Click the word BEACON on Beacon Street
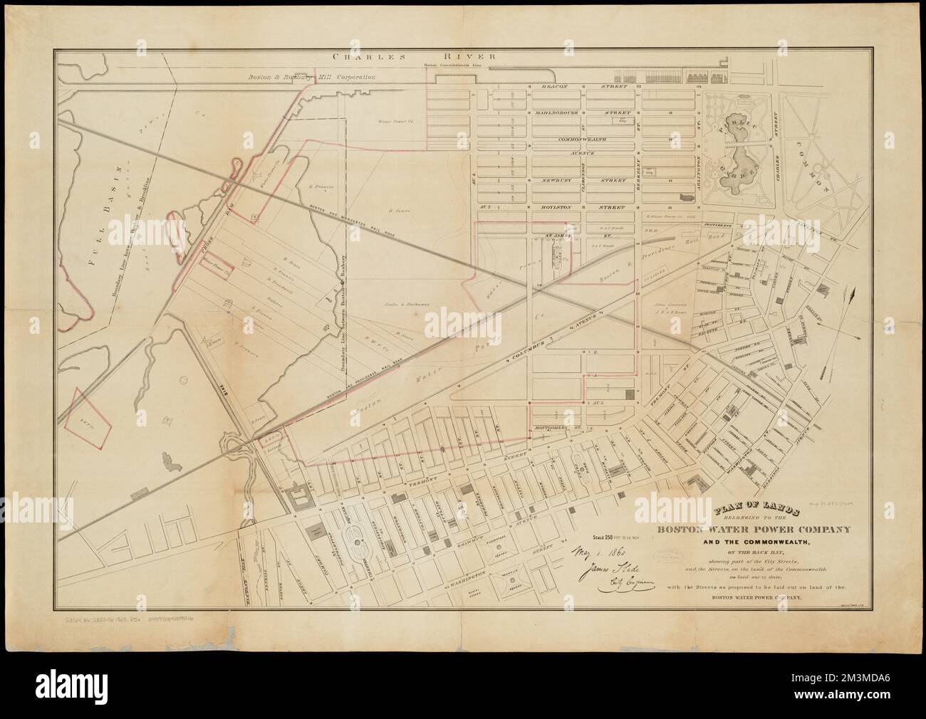(x=553, y=87)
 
